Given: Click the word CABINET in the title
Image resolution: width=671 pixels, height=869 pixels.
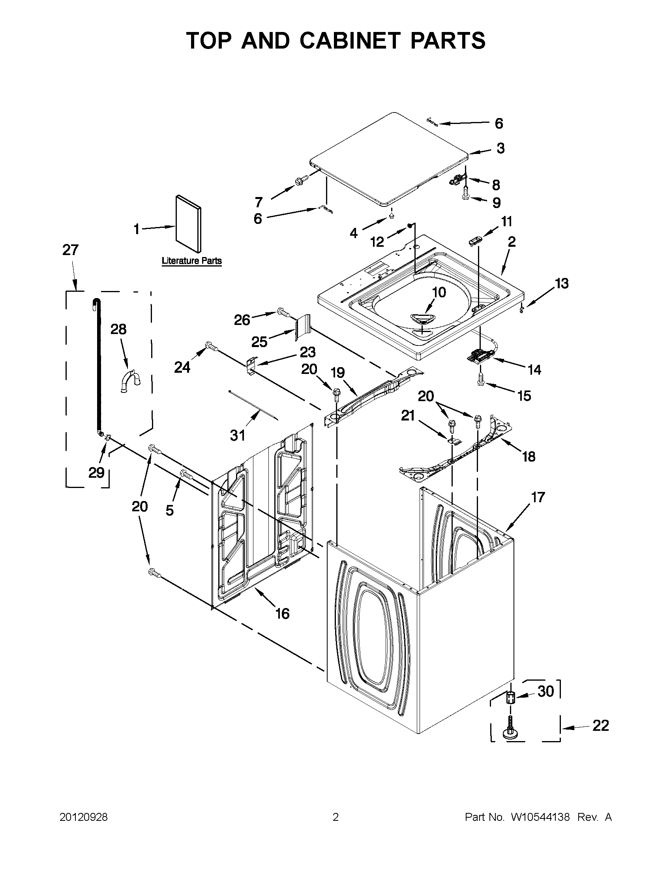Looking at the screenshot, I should (349, 41).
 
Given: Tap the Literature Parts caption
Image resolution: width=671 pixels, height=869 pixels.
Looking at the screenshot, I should (191, 261).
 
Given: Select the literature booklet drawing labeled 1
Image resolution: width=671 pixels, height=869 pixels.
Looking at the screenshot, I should (188, 223).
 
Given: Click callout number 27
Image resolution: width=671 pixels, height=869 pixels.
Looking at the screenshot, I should (70, 250).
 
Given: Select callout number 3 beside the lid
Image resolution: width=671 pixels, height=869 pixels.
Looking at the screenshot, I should (500, 148).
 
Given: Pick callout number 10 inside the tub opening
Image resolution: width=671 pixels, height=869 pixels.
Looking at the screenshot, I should (439, 293).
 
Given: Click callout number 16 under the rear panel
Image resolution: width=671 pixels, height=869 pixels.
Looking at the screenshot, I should (282, 614).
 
